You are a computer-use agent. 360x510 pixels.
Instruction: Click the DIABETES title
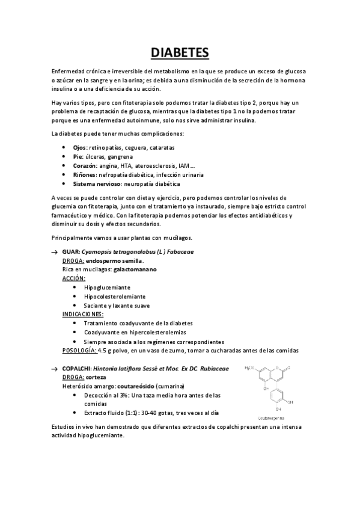(x=180, y=53)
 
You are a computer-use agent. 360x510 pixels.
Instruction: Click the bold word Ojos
(x=79, y=147)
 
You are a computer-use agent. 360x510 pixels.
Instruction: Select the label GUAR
(x=71, y=252)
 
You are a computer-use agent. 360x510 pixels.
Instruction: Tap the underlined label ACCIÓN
(x=74, y=279)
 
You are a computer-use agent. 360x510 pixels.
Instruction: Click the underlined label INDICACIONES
(x=82, y=314)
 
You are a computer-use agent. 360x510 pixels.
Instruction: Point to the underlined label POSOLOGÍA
(x=79, y=350)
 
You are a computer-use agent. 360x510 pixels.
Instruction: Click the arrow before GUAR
(x=55, y=252)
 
